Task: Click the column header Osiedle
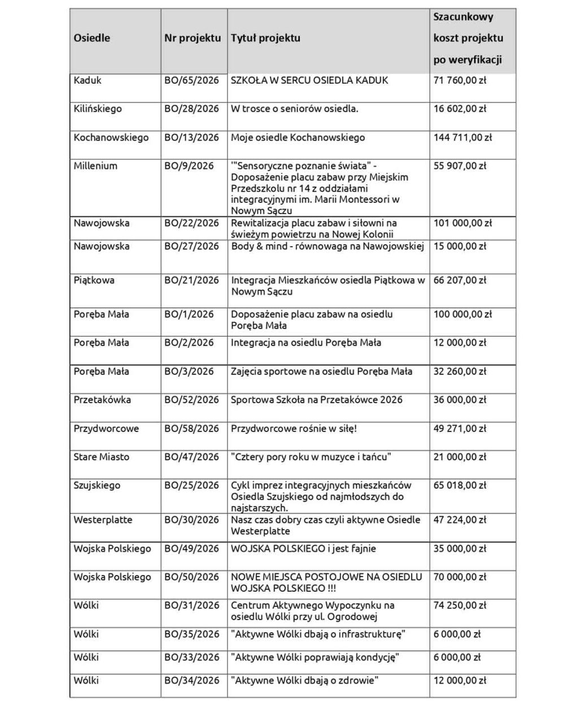point(92,38)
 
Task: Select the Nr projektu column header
point(193,38)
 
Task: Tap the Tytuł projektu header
point(265,38)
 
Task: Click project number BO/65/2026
point(191,80)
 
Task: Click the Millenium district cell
point(95,166)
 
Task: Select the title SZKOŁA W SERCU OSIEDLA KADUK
point(309,80)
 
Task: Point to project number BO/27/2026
point(191,246)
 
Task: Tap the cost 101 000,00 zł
point(462,223)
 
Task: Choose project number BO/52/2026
point(191,400)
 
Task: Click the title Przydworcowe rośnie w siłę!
point(294,429)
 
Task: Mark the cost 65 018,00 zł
point(460,486)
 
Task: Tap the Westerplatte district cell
point(99,520)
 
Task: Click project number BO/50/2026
point(191,577)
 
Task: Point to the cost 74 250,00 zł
point(460,605)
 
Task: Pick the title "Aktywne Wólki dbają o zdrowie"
point(304,681)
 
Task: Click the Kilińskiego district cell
point(98,109)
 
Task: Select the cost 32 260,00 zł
point(460,372)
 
